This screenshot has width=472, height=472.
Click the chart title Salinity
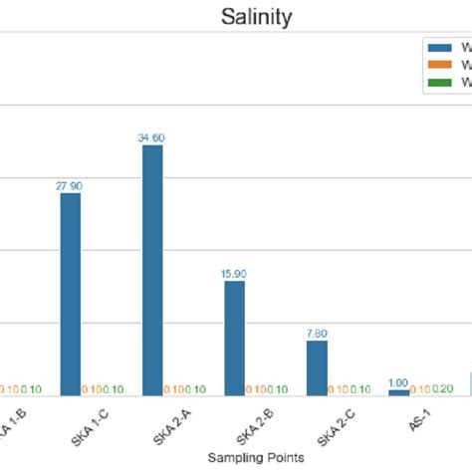256,17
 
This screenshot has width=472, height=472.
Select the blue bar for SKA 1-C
71,294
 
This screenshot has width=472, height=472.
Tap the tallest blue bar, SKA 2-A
152,270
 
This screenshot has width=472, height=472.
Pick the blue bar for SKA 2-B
234,338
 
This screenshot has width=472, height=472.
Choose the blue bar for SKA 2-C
316,367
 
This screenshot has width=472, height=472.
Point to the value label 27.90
71,184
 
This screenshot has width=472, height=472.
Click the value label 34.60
152,137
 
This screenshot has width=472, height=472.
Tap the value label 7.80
316,333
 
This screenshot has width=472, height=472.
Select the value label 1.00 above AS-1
397,382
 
